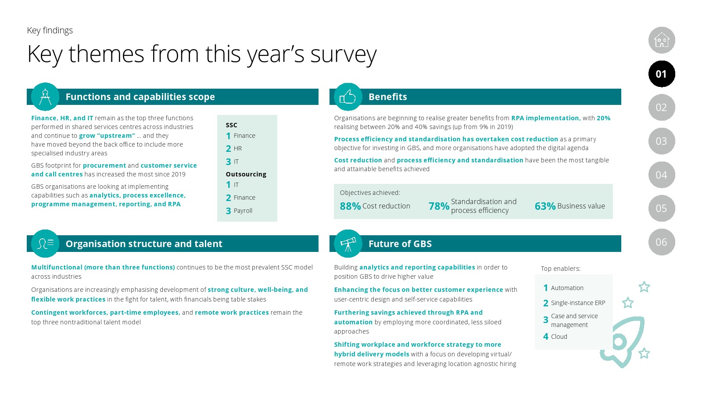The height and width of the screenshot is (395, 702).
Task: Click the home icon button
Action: [x=662, y=40]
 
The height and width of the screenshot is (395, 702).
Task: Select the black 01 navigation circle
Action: [x=662, y=74]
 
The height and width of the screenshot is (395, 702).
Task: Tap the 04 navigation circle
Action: [x=662, y=175]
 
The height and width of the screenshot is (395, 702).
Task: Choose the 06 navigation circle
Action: [x=662, y=242]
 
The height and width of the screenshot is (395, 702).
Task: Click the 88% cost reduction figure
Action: [x=350, y=206]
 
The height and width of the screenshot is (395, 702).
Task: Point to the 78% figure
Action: [x=439, y=206]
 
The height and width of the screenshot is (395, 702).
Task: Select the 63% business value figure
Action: [x=545, y=206]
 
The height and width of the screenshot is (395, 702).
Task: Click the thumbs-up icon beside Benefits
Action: [x=348, y=97]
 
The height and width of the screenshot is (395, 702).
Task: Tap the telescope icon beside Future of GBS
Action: [x=348, y=244]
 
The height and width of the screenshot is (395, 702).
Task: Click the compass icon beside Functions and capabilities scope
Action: [x=45, y=97]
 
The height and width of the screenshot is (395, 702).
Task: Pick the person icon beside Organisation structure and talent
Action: [x=45, y=244]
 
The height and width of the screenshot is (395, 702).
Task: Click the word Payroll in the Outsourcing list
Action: [x=243, y=211]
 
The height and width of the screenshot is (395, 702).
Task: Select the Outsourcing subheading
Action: [x=246, y=174]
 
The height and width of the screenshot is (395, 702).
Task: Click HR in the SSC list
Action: [x=238, y=148]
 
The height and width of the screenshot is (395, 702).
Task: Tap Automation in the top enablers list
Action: [x=567, y=288]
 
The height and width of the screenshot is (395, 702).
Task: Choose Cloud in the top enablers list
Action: [x=559, y=337]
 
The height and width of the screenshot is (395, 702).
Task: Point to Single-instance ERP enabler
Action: [x=578, y=303]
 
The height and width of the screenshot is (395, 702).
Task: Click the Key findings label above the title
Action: [x=50, y=30]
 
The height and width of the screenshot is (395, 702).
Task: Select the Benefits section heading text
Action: [x=387, y=97]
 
